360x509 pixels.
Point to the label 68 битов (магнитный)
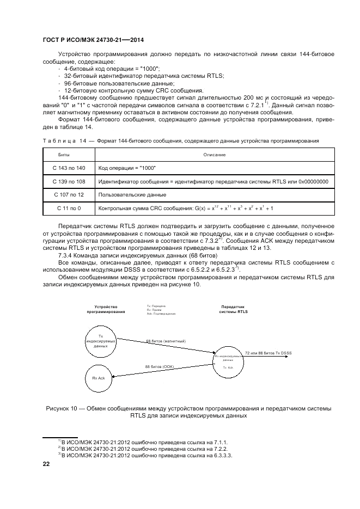click(x=166, y=341)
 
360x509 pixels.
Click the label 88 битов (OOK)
click(x=159, y=367)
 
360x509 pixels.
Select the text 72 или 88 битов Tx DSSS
click(x=268, y=353)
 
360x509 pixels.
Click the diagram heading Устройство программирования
click(x=106, y=309)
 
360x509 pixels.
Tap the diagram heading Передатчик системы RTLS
click(x=233, y=309)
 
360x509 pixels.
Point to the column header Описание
click(x=215, y=155)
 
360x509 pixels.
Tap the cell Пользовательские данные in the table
click(x=132, y=194)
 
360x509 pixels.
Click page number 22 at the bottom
click(x=46, y=464)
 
